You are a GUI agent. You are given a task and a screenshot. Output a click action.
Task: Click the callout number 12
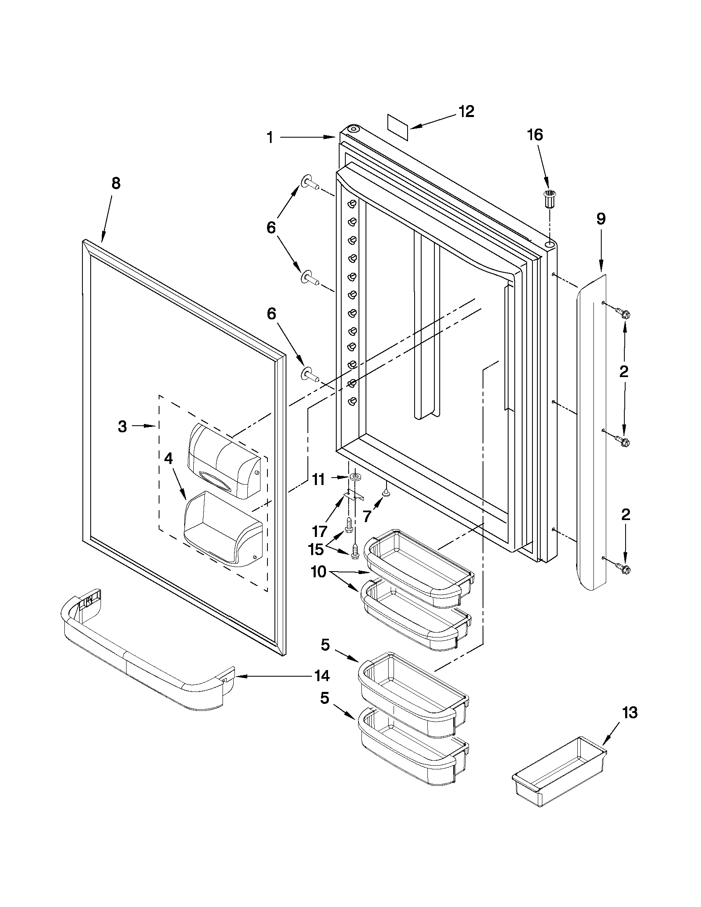tap(466, 111)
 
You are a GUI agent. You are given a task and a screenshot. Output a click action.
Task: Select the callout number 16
tap(535, 135)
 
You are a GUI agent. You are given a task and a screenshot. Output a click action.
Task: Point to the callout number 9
tap(601, 219)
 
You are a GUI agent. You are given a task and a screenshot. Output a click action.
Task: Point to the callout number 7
tap(367, 517)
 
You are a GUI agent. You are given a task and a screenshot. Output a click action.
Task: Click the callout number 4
tap(169, 459)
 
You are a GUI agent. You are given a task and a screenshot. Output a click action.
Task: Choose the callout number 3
tap(122, 427)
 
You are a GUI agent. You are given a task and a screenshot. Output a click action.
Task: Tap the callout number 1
tap(270, 137)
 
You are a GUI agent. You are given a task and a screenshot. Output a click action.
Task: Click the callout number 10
tap(319, 572)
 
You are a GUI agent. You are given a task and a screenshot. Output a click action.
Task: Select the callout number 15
tap(316, 549)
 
